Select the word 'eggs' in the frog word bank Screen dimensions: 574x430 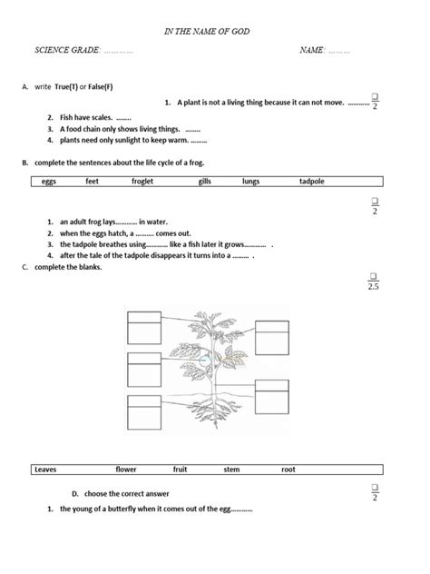click(50, 181)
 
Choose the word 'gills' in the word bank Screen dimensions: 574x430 click(204, 181)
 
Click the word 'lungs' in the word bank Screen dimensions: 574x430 click(250, 181)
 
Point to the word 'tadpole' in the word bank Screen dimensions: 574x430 click(311, 181)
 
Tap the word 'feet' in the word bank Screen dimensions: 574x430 click(92, 181)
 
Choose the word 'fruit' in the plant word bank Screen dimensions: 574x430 click(180, 470)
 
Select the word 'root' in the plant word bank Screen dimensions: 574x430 click(288, 470)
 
